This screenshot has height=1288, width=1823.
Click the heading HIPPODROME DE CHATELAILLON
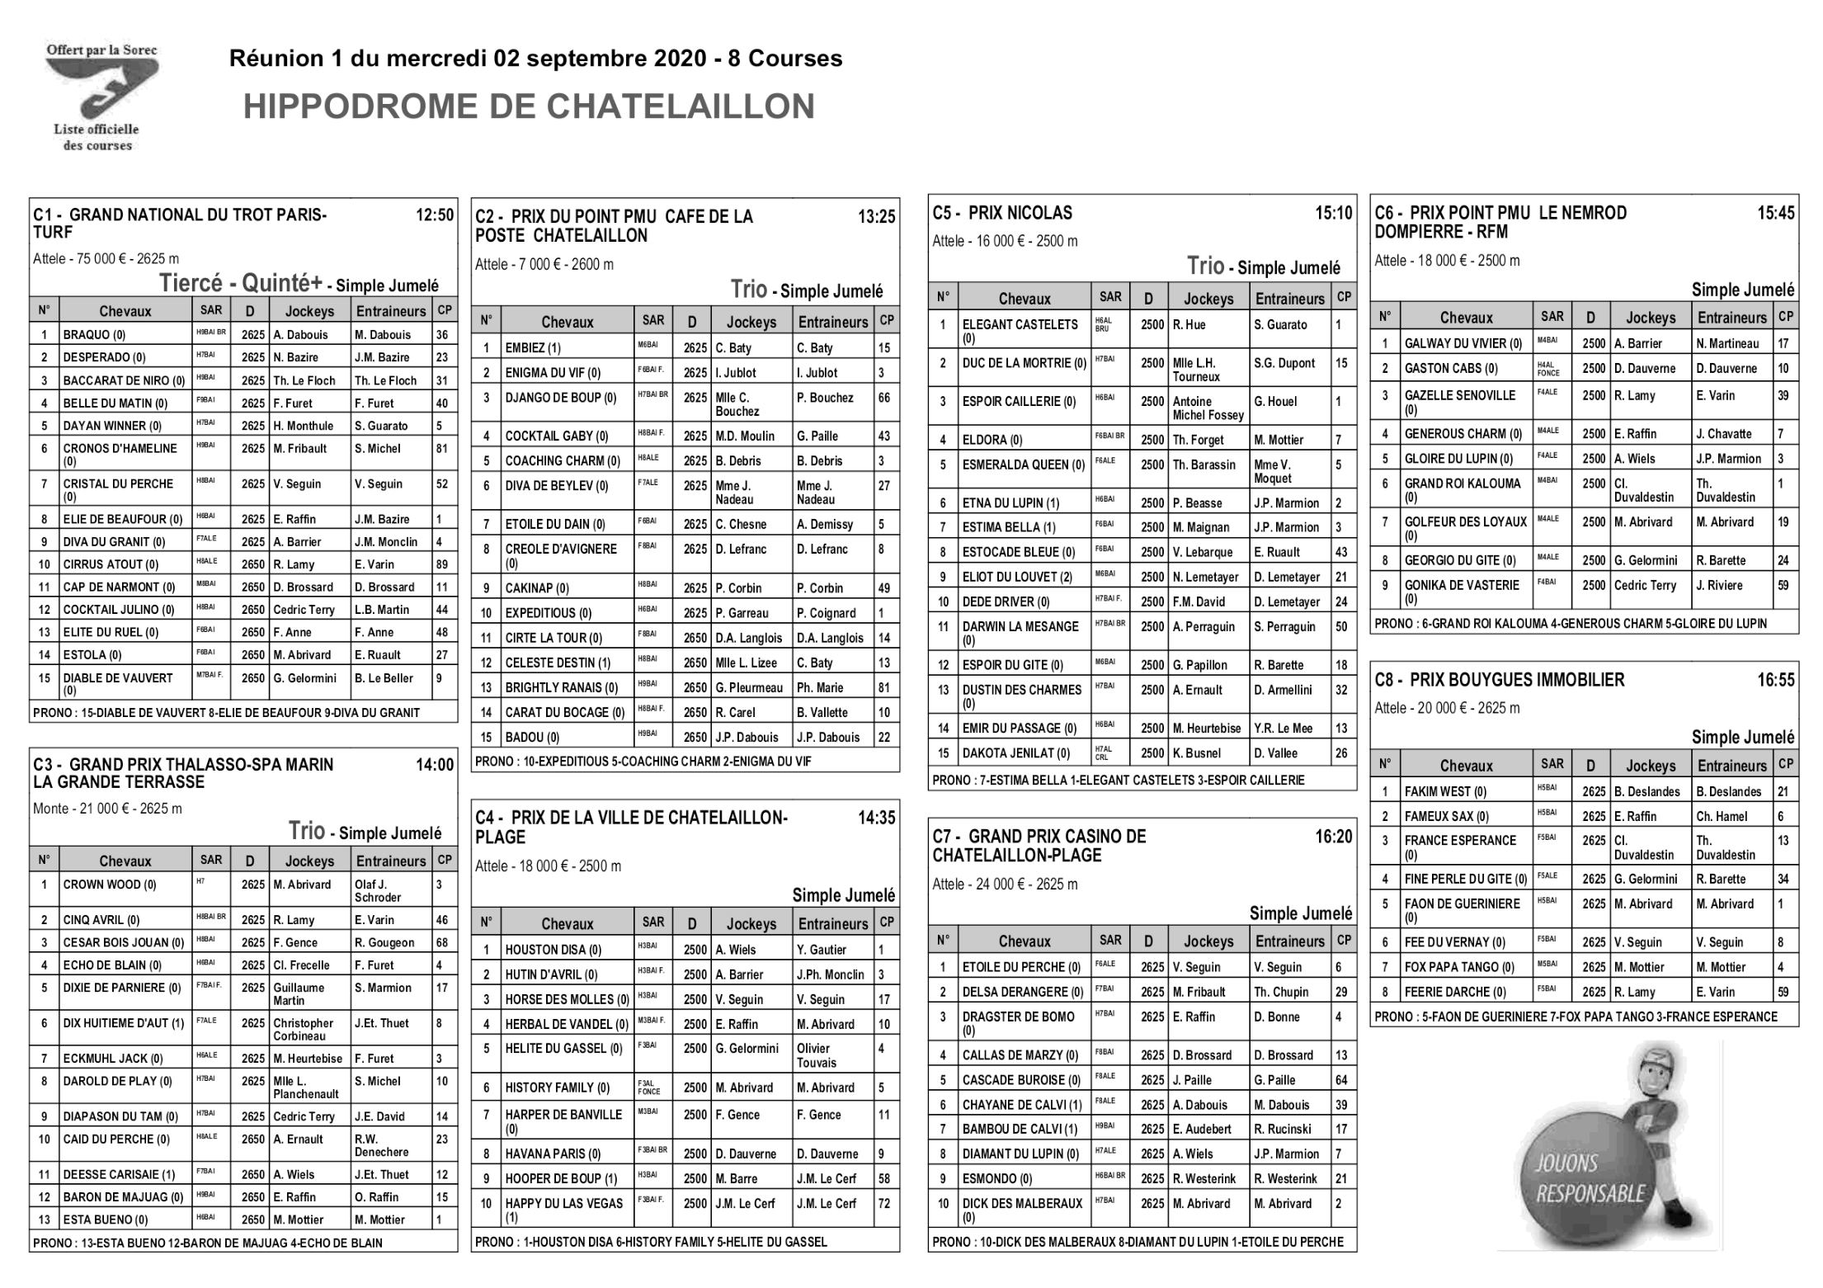529,107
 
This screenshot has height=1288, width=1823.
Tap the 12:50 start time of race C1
435,215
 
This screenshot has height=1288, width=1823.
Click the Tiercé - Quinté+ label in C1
240,284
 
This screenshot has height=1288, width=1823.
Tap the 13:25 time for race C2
876,217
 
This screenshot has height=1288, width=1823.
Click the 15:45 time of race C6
1775,213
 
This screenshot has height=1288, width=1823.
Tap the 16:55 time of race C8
1775,680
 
